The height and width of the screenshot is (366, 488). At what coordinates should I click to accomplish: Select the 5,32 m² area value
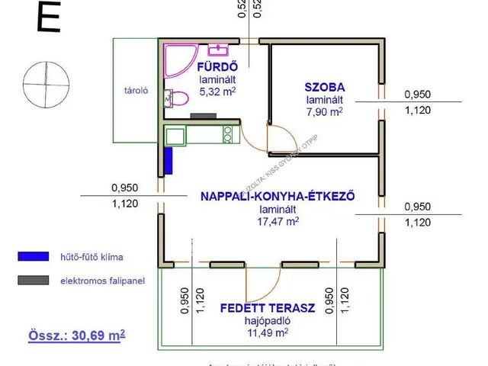(x=217, y=91)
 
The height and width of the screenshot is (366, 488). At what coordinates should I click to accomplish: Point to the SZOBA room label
(x=325, y=87)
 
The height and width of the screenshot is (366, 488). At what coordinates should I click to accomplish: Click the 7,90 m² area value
(x=325, y=111)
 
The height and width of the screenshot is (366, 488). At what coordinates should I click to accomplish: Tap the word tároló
(x=136, y=90)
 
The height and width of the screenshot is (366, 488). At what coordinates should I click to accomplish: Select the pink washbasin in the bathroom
(x=220, y=49)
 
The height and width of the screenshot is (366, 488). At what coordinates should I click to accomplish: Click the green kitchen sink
(x=175, y=136)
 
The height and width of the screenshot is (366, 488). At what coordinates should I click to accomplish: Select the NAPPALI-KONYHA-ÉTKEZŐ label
(x=278, y=196)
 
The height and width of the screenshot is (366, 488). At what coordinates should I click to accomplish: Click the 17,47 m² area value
(x=278, y=221)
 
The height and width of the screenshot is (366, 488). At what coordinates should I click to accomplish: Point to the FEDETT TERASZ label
(x=268, y=309)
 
